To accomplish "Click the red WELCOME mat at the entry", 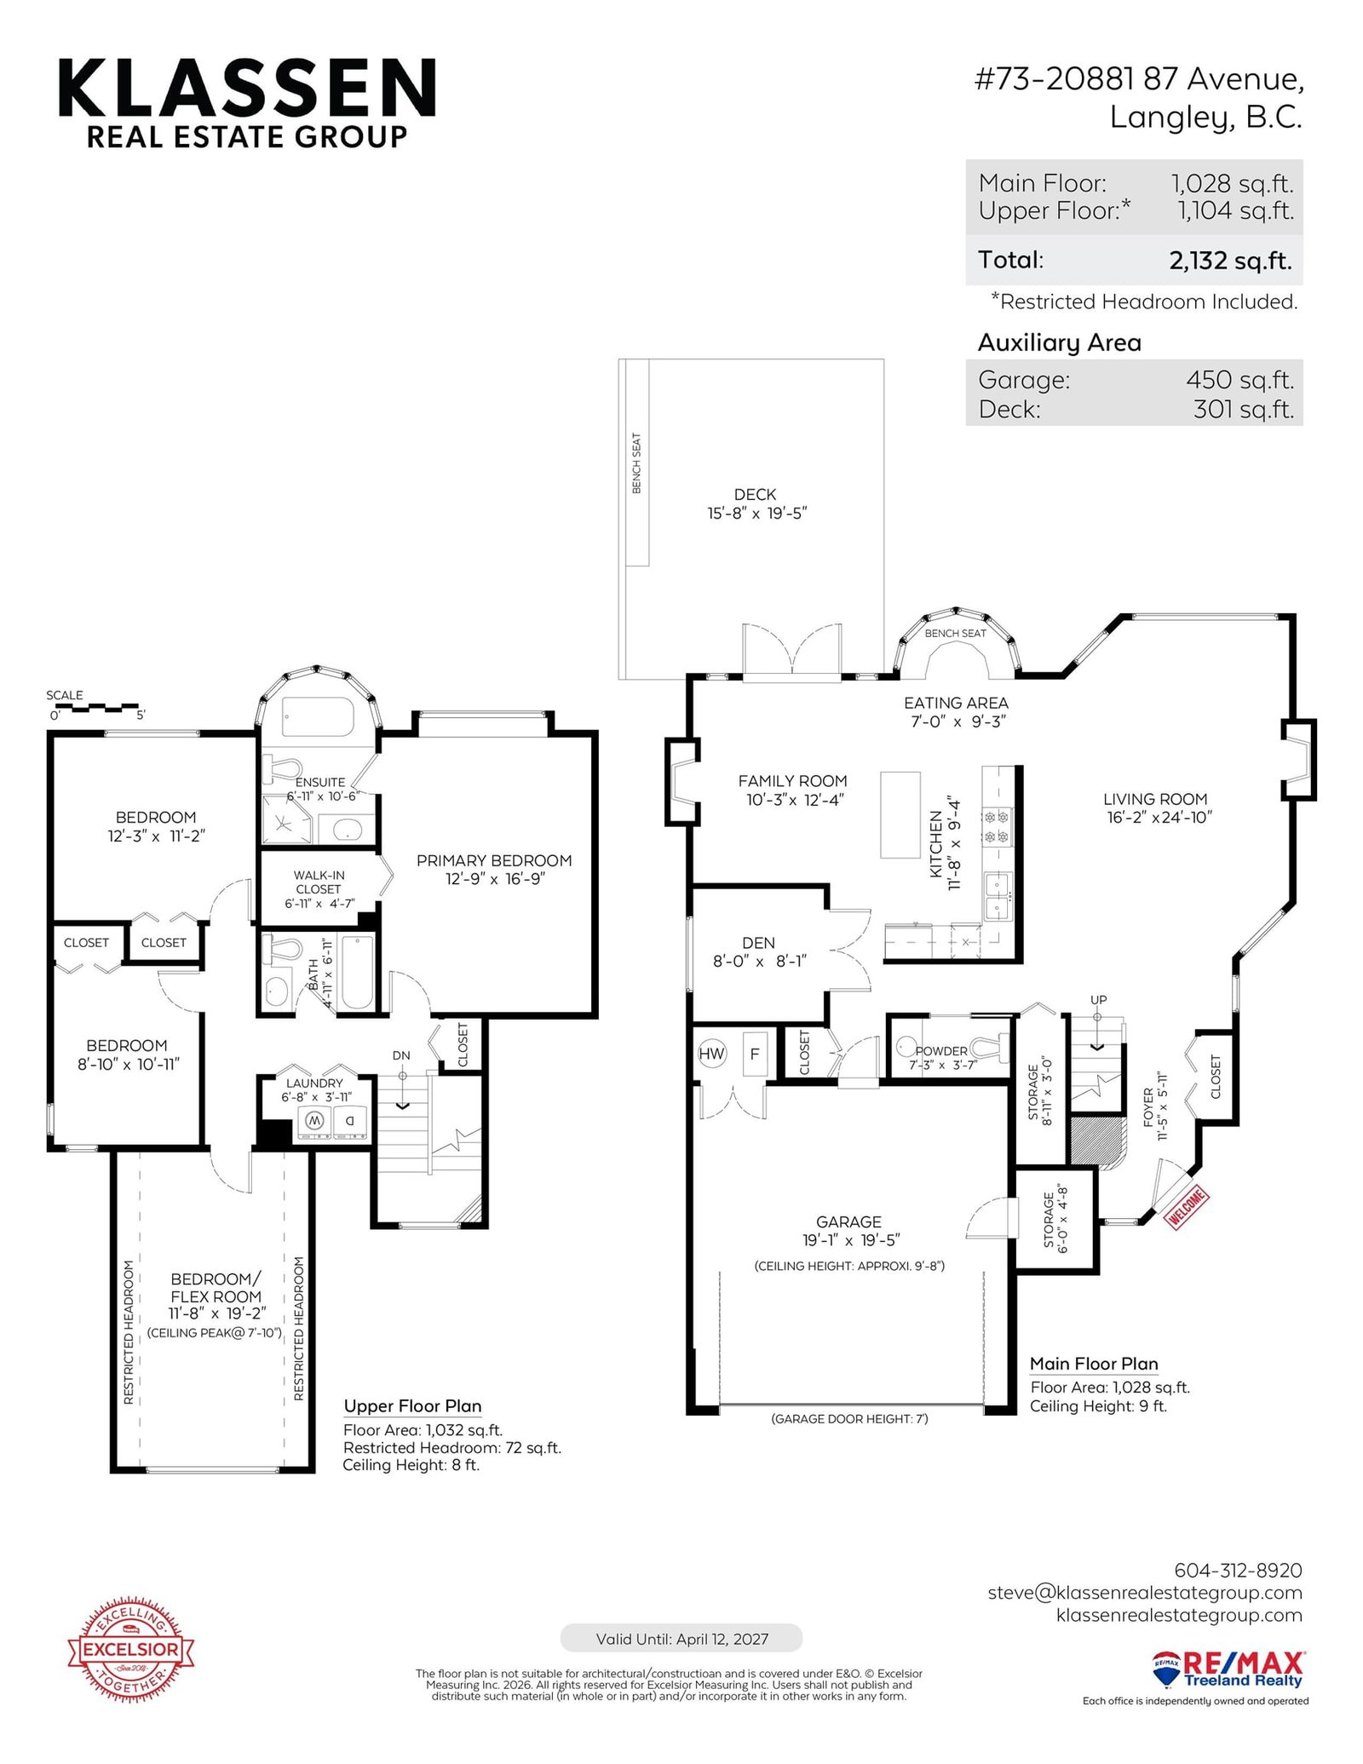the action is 1188,1208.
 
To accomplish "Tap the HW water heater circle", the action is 711,1054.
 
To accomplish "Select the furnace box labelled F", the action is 754,1054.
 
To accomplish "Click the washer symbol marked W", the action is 313,1120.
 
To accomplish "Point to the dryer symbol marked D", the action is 349,1120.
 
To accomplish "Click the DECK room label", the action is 755,494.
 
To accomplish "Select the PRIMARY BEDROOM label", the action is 494,860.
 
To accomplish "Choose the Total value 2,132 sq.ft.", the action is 1230,261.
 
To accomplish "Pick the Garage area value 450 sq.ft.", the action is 1239,380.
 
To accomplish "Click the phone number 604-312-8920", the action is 1238,1570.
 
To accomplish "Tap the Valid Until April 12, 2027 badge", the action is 681,1638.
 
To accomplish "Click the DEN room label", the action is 758,943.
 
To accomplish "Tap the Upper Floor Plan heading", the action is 412,1405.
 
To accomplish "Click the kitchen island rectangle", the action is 900,814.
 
